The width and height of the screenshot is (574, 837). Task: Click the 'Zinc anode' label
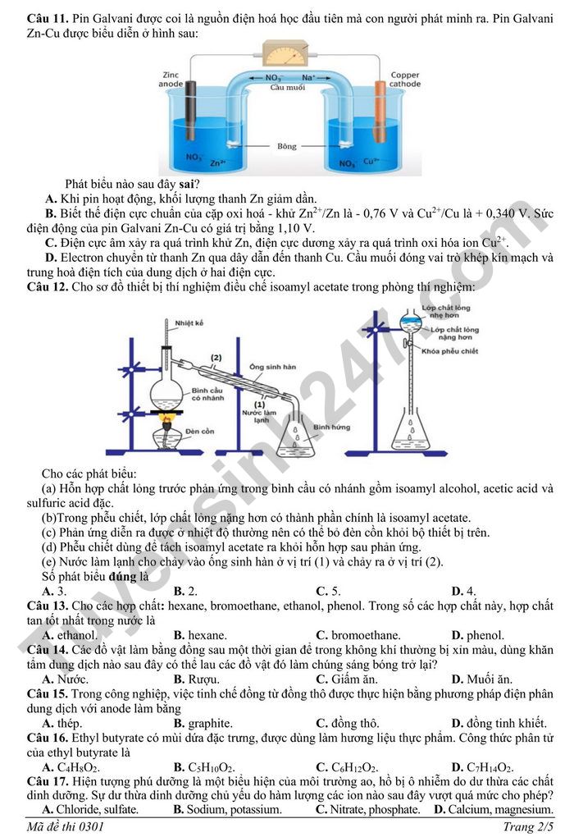[x=171, y=79]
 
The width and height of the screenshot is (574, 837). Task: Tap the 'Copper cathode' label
[x=404, y=79]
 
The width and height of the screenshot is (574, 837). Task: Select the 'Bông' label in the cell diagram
[x=286, y=147]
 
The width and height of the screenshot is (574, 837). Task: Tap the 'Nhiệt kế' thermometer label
[x=189, y=322]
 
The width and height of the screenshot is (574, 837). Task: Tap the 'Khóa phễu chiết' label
[x=450, y=350]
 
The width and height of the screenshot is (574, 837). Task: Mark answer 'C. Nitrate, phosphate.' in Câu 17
[x=367, y=810]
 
